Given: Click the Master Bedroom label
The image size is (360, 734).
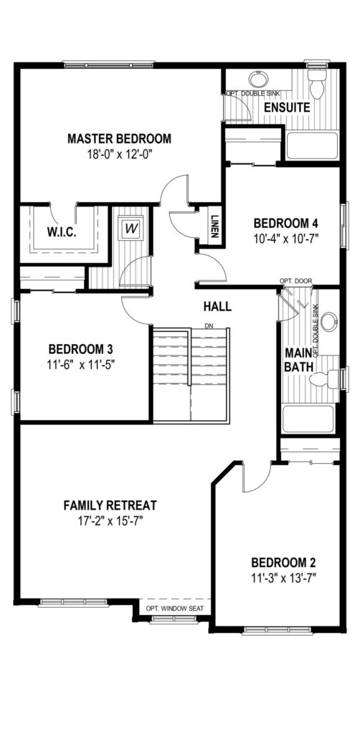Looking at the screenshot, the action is point(119,138).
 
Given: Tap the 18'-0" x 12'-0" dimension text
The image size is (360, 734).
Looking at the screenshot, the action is point(119,154).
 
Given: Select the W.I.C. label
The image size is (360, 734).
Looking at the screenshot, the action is point(62,232).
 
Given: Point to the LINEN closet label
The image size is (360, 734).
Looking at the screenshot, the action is point(214,227).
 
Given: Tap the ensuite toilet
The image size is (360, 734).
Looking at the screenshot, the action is point(318,85).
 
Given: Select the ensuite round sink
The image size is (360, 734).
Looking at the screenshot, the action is point(257,79).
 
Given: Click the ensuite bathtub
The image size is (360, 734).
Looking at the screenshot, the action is point(312,146).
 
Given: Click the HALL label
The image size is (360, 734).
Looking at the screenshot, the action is point(217,307).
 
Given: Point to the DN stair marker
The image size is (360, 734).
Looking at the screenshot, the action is point(209,325).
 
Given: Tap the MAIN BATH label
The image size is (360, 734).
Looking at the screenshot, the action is point(298,360).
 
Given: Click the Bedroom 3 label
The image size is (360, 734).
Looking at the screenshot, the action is point(81,349).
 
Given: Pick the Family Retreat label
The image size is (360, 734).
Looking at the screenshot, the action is point(110,505).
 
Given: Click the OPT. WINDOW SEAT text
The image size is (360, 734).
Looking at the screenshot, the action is point(174,609).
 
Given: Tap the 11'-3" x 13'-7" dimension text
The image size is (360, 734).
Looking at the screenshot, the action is point(284,578).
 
